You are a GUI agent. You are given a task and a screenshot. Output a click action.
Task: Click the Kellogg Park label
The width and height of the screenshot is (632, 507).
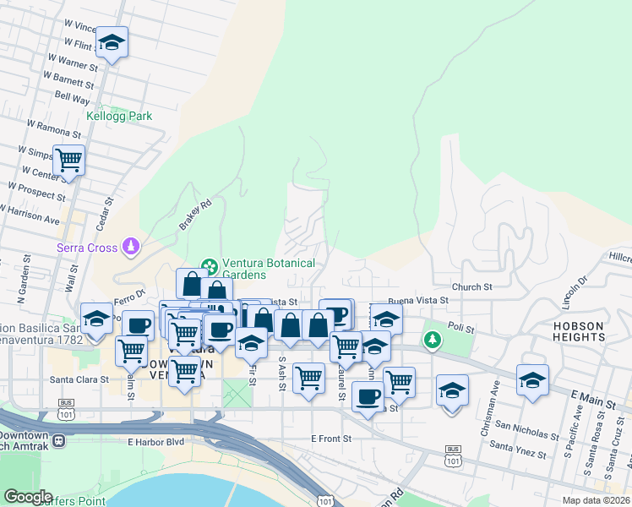119,116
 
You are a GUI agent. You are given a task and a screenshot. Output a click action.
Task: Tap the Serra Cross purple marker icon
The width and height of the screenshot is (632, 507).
131,247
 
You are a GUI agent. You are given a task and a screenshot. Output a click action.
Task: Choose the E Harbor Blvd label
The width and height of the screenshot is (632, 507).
155,441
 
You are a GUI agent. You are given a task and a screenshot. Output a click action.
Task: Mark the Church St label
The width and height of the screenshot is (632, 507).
471,287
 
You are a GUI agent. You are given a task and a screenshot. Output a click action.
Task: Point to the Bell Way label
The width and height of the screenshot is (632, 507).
72,96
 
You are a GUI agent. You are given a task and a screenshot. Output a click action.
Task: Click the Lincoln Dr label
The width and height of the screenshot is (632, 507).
582,290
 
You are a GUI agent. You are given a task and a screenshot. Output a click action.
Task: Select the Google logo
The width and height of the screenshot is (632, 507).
29,497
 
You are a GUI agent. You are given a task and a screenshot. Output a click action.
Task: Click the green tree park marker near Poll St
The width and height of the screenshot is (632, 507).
433,340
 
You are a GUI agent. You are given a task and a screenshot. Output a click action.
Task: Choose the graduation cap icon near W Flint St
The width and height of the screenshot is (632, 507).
111,41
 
